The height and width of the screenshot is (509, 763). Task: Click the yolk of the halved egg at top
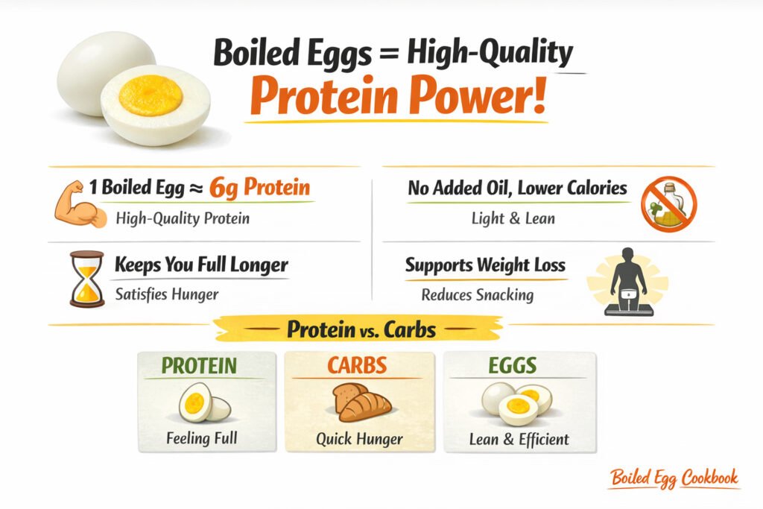tap(151, 95)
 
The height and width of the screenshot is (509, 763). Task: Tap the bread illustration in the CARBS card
tap(359, 404)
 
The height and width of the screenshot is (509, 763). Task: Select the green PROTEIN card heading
tap(199, 366)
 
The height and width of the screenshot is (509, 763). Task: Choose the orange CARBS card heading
tap(358, 366)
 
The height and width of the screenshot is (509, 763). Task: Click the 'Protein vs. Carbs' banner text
tap(361, 329)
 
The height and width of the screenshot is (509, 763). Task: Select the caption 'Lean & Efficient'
tap(519, 438)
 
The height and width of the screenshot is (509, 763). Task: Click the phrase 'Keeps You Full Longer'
tap(201, 265)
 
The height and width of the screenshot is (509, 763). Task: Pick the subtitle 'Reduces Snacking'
tap(477, 294)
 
